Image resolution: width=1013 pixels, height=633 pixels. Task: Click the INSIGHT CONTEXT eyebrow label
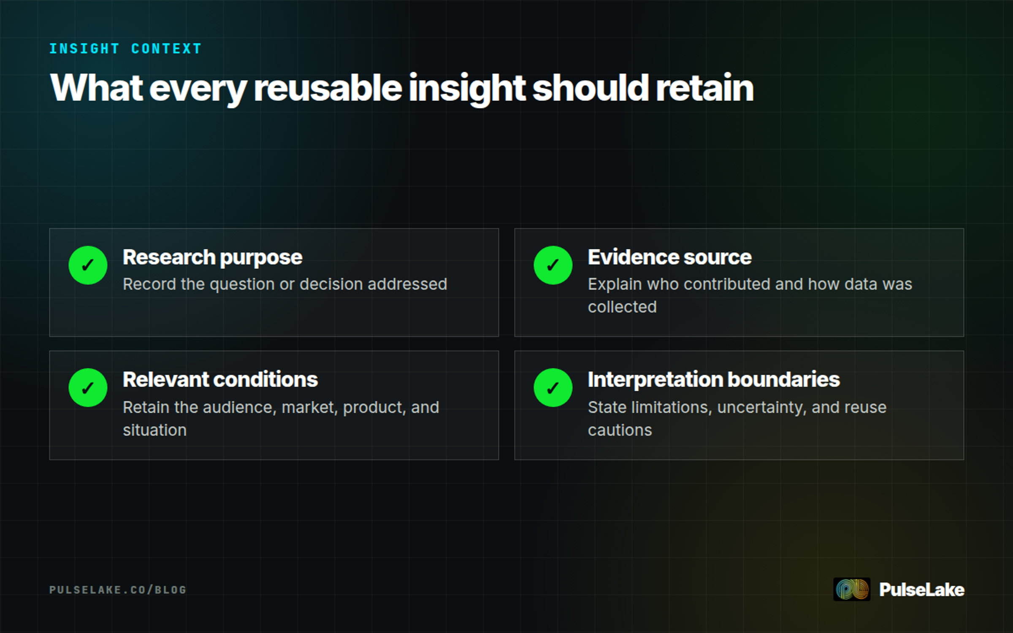tap(125, 49)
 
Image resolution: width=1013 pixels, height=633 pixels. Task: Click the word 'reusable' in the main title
tap(328, 88)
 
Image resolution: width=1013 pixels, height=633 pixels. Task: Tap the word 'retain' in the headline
tap(704, 88)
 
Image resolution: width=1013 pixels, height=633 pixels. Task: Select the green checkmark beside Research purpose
tap(88, 265)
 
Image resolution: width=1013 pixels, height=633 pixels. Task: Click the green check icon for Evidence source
tap(553, 265)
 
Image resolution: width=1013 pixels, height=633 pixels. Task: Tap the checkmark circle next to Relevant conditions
tap(88, 387)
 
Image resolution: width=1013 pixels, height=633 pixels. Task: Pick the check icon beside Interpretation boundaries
tap(553, 387)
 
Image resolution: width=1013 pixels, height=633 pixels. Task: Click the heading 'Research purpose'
tap(212, 257)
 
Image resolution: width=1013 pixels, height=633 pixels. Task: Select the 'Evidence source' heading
tap(669, 257)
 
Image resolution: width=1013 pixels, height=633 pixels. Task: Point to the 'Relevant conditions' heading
tap(220, 379)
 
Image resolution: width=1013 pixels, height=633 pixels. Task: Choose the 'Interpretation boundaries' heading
tap(714, 379)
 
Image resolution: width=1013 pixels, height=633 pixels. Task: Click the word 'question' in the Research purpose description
tap(242, 284)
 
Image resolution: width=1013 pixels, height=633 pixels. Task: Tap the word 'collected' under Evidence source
tap(622, 307)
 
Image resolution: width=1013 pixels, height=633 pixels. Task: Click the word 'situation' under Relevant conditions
tap(154, 430)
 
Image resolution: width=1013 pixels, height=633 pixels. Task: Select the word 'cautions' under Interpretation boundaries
tap(620, 430)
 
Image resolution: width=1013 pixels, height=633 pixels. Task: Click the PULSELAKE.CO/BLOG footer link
tap(118, 590)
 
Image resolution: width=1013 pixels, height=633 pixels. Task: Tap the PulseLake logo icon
tap(852, 589)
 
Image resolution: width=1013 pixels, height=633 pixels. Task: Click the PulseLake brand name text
tap(922, 590)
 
